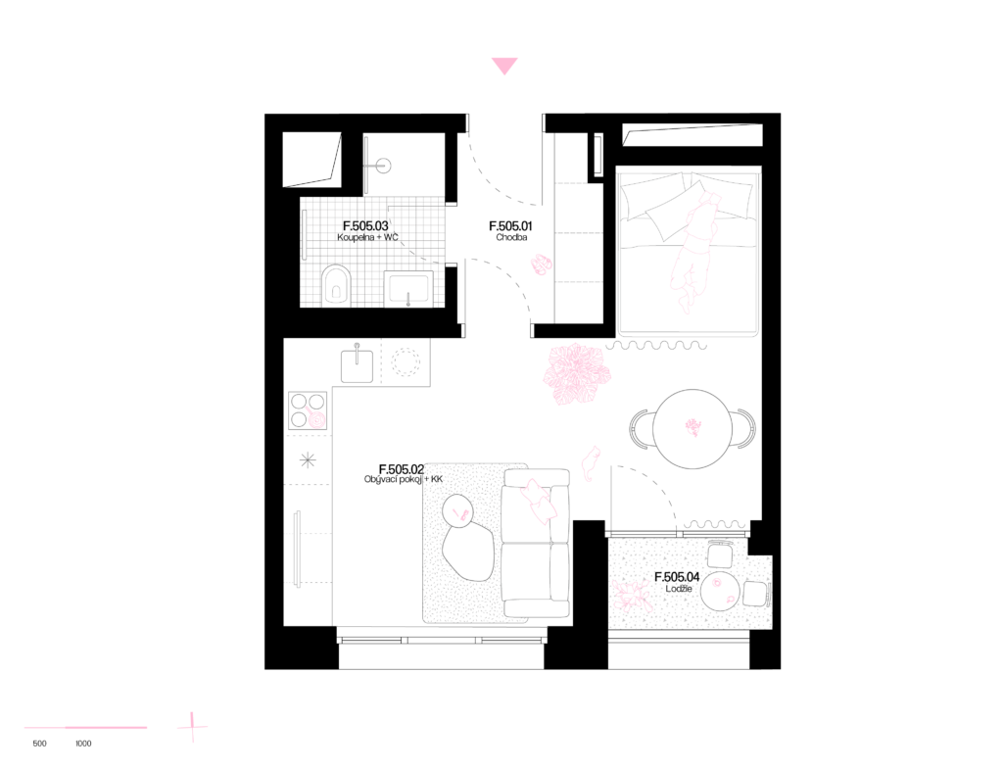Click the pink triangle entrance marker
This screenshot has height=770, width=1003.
[x=504, y=66]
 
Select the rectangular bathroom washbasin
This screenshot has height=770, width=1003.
[x=407, y=289]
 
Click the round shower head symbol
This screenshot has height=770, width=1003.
[x=383, y=166]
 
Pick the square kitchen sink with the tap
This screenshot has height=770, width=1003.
[x=357, y=364]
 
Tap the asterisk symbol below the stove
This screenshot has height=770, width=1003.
[x=308, y=459]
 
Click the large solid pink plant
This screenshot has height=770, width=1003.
[x=576, y=373]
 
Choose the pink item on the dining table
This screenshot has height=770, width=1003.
[x=693, y=427]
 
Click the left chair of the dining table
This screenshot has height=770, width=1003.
[x=641, y=429]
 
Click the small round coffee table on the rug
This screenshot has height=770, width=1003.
[x=457, y=510]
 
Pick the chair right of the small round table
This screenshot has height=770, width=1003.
[x=756, y=594]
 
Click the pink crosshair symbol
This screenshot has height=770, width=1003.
[x=193, y=727]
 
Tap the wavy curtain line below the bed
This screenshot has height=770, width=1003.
[x=655, y=345]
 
